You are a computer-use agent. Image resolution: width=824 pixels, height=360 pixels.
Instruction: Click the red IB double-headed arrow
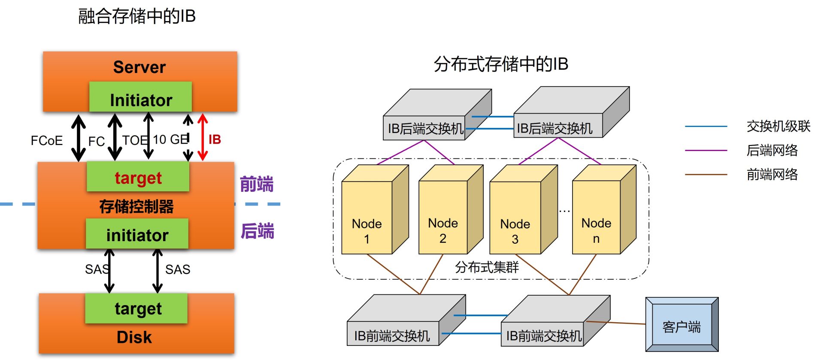pyautogui.click(x=203, y=137)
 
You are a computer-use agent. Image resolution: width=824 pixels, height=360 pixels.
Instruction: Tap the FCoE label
pyautogui.click(x=47, y=141)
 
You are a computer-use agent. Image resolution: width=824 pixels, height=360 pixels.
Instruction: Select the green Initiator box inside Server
pyautogui.click(x=140, y=97)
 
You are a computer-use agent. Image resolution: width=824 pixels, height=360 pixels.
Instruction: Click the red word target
pyautogui.click(x=138, y=178)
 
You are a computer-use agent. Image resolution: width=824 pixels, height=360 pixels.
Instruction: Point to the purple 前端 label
pyautogui.click(x=257, y=184)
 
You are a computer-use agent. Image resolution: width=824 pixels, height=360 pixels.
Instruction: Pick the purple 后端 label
pyautogui.click(x=257, y=231)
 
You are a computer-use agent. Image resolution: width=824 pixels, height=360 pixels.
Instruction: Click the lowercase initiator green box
pyautogui.click(x=137, y=233)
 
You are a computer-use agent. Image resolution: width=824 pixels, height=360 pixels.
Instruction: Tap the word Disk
pyautogui.click(x=134, y=337)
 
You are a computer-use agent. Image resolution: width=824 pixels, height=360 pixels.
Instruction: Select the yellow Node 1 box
pyautogui.click(x=375, y=210)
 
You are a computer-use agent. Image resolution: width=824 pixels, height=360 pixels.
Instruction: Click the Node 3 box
pyautogui.click(x=524, y=210)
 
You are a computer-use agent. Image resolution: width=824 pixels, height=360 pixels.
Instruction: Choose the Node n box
pyautogui.click(x=604, y=210)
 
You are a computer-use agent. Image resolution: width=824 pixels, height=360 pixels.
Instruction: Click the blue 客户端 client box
pyautogui.click(x=682, y=324)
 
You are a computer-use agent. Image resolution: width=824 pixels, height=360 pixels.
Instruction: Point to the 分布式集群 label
pyautogui.click(x=487, y=267)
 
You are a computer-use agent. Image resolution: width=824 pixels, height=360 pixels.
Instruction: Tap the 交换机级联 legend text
pyautogui.click(x=779, y=126)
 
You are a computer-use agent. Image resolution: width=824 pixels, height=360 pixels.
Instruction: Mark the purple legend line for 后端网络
pyautogui.click(x=706, y=151)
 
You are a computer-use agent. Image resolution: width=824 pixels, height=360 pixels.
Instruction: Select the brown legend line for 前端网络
pyautogui.click(x=706, y=175)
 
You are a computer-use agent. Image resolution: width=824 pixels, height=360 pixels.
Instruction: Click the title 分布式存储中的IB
pyautogui.click(x=501, y=64)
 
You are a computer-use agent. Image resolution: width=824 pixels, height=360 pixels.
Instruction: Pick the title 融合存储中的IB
pyautogui.click(x=137, y=16)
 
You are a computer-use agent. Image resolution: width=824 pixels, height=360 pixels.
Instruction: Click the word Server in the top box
pyautogui.click(x=139, y=67)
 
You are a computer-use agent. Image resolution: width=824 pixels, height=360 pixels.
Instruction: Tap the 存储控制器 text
pyautogui.click(x=136, y=206)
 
